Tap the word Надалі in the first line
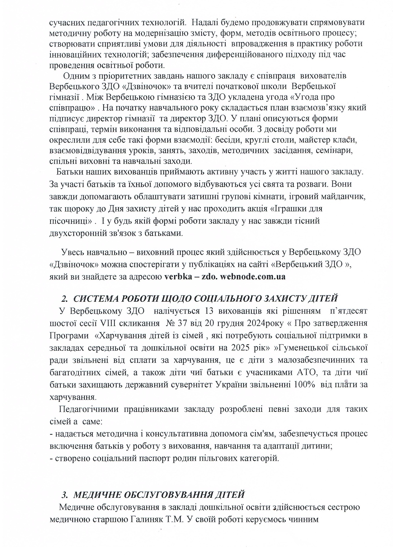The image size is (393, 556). click(205, 22)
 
